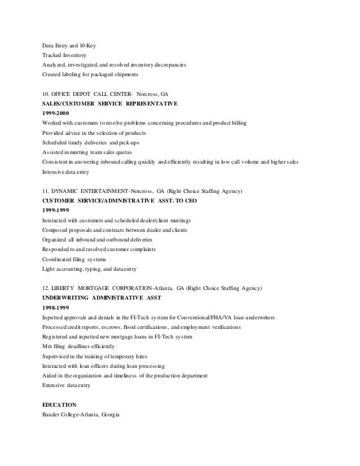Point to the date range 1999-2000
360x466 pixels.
pos(57,113)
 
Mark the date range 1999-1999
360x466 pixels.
pos(57,210)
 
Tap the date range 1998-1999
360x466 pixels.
pos(57,307)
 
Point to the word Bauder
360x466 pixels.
pos(53,415)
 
